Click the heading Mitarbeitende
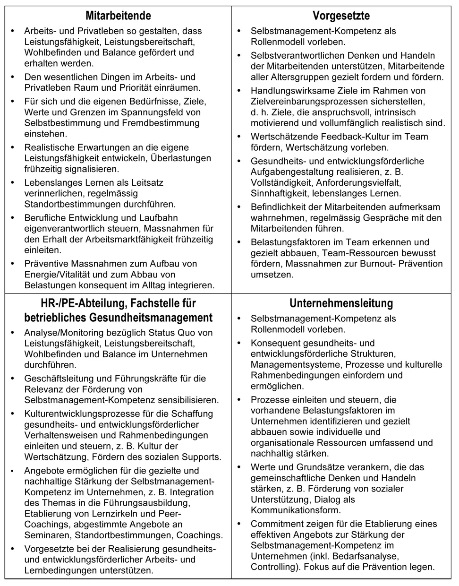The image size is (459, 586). [x=118, y=16]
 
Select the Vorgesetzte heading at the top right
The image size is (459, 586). [x=341, y=16]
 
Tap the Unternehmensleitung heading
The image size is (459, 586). [x=341, y=303]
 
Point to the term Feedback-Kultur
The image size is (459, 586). [x=348, y=137]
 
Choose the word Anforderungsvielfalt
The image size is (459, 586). [x=358, y=182]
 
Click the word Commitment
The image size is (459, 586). [x=276, y=524]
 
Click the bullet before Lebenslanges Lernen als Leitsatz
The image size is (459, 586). [x=12, y=183]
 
